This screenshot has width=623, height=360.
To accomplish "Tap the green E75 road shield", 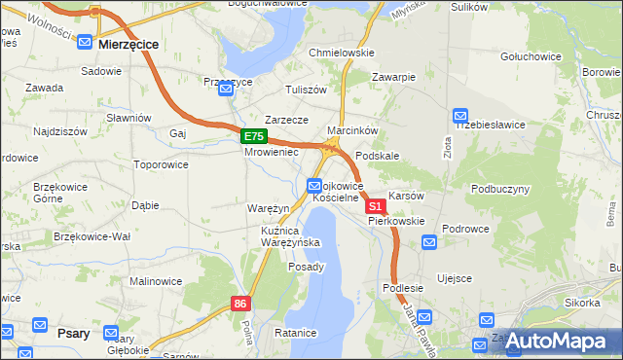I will (254, 137).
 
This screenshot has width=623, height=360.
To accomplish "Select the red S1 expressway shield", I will (375, 206).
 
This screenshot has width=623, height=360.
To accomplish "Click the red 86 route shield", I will (241, 305).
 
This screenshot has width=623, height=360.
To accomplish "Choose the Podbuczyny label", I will (500, 189).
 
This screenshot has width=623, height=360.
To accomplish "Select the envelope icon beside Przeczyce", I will (226, 90).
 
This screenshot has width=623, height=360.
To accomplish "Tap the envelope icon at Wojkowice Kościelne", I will (314, 185).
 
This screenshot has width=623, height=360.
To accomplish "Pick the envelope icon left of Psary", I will (41, 326).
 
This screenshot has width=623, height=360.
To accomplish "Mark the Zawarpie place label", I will (394, 77).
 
